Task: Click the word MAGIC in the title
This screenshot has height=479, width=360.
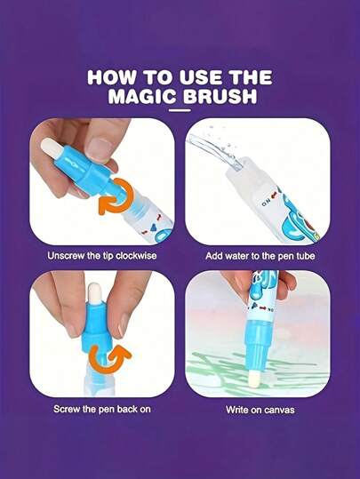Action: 142,96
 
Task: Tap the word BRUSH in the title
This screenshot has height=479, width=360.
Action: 220,96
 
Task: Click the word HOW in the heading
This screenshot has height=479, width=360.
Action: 111,77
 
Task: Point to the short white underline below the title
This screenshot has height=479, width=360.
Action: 180,110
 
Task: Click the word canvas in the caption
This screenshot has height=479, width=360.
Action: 279,410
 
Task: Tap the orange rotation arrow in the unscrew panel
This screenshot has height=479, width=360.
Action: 116,197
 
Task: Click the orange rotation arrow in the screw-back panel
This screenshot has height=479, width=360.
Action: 108,357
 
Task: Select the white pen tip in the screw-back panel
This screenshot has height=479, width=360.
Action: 94,292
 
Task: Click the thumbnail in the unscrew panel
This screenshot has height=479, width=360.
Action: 100,148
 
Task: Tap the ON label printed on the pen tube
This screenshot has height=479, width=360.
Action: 265,204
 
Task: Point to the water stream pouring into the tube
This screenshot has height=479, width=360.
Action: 214,149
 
